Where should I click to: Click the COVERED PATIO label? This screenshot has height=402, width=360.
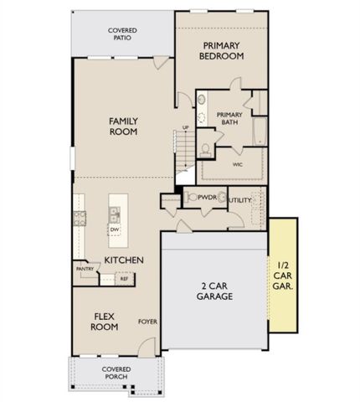pos(122,34)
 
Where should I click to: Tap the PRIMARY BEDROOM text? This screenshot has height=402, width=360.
pos(222,50)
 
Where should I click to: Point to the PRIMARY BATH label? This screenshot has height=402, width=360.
pos(229,118)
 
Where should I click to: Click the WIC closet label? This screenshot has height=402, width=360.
pos(235,164)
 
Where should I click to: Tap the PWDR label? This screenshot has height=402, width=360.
pos(208,198)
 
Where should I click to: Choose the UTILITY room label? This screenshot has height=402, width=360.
pos(240,200)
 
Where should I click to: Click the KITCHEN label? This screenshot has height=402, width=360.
pos(122,260)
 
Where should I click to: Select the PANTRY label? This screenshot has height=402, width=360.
pos(84,269)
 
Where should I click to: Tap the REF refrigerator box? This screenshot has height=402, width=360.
pos(124,277)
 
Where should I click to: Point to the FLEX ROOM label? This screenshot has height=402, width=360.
pos(104,322)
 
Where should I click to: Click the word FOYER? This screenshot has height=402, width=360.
pos(147,321)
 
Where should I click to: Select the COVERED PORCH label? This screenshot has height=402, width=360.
pos(116,373)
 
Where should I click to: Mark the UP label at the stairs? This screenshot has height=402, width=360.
pos(185,127)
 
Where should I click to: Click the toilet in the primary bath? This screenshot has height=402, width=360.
pos(204,150)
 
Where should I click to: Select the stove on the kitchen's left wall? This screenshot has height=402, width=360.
pos(80,219)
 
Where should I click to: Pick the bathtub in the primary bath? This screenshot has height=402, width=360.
pos(259,131)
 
